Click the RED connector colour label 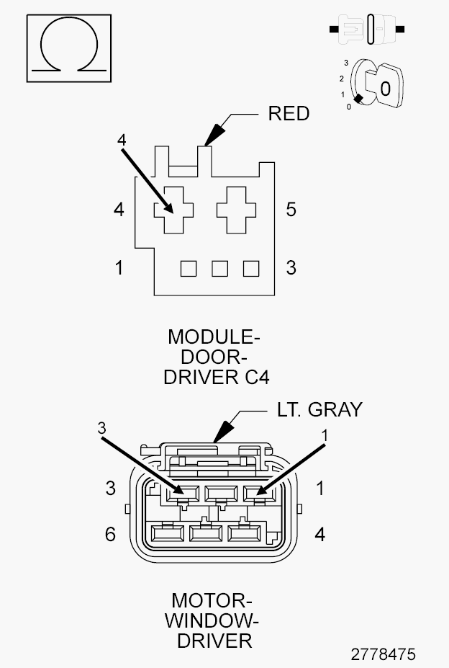coord(288,114)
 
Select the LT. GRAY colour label coord(319,410)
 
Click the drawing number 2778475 coord(383,654)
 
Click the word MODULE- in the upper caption coord(214,337)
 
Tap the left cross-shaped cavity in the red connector coord(173,209)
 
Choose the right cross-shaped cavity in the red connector coord(237,209)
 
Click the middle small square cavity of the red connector coord(219,269)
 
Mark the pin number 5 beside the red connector coord(291,210)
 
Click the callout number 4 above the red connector coord(122,139)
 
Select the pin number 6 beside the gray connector coord(110,535)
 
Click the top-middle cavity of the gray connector coord(220,494)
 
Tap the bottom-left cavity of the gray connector coord(165,534)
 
